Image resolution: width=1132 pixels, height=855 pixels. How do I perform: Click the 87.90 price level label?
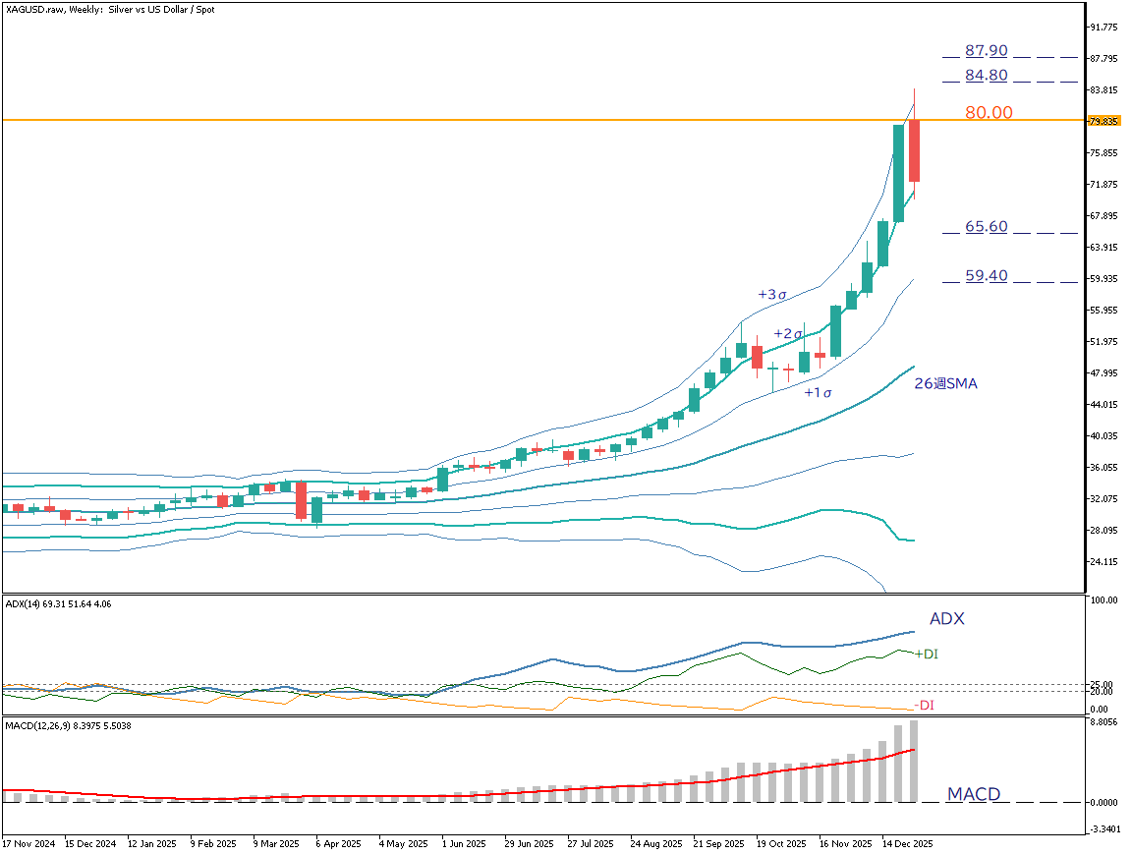(986, 50)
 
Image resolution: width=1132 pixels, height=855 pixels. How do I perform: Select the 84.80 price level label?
(986, 75)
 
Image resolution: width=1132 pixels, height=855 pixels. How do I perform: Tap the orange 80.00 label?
(989, 113)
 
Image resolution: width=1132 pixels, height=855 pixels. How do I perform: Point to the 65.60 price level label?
(986, 226)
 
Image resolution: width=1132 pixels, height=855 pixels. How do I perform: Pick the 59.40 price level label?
(986, 276)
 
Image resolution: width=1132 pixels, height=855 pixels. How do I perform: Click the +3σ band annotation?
(772, 294)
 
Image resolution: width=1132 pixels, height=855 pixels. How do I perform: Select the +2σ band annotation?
(788, 334)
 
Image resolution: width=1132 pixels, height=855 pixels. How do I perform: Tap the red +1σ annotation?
(818, 393)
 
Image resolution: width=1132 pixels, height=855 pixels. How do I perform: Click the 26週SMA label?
(945, 384)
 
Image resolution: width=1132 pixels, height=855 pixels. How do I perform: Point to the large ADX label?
(946, 619)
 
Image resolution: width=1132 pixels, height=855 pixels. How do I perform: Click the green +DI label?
(926, 654)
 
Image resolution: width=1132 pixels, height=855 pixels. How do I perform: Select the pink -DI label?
(924, 705)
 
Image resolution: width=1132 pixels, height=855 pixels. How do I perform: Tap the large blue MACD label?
(973, 794)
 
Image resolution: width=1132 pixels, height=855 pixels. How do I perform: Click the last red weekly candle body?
(914, 150)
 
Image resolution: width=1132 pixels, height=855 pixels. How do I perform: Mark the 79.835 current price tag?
(1104, 121)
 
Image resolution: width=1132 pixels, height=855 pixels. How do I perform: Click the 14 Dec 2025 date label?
(905, 843)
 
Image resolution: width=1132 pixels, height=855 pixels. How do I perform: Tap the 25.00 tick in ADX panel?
(1101, 684)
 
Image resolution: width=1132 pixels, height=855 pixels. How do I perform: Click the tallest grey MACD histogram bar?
(914, 761)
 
